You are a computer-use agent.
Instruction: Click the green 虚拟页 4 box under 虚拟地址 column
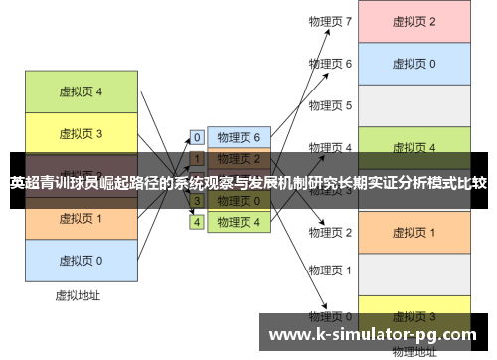(81, 91)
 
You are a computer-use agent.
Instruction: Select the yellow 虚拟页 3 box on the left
(81, 133)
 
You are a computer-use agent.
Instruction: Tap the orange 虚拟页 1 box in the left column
(81, 219)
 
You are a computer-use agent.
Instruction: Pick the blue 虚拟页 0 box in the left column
(81, 261)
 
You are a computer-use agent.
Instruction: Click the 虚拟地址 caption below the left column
(80, 295)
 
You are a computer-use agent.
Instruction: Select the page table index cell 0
(197, 137)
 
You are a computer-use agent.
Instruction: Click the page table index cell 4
(197, 222)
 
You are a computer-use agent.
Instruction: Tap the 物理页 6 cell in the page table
(239, 137)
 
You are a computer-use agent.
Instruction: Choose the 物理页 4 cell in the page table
(239, 222)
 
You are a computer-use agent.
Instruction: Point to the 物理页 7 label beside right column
(331, 21)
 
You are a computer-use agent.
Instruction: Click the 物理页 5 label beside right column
(331, 105)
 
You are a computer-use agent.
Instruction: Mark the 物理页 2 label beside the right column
(331, 232)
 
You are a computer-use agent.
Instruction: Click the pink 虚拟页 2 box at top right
(413, 21)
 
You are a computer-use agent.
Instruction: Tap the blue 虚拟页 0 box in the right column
(413, 64)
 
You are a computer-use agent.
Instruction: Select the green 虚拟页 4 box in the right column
(413, 148)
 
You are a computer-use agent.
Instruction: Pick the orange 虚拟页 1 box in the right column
(413, 232)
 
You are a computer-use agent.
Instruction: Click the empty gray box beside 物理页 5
(413, 105)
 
